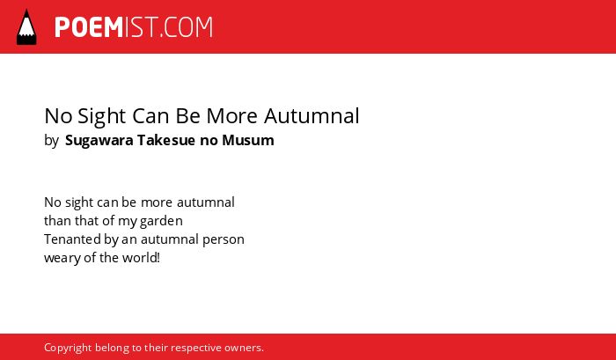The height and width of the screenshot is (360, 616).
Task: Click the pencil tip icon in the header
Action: tap(26, 27)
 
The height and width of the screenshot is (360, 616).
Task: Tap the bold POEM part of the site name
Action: tap(89, 27)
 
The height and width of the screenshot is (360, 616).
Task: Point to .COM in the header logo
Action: tap(187, 27)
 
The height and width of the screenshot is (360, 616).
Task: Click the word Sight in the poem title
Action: tap(102, 116)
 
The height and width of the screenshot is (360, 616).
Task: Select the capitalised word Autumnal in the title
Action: tap(312, 116)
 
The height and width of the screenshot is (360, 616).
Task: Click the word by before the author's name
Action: tap(51, 141)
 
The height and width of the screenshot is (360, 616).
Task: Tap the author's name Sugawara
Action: tap(99, 141)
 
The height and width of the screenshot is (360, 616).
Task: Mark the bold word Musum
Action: tap(248, 140)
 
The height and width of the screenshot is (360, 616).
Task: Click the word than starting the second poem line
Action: tap(58, 221)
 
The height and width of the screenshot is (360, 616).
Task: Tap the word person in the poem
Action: tap(224, 239)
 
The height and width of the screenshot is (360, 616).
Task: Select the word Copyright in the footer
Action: tap(68, 348)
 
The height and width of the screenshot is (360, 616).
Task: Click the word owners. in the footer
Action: tap(244, 349)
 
